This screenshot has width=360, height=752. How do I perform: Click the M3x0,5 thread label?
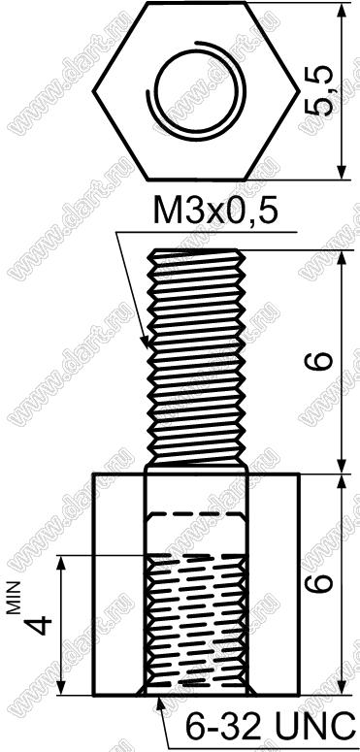215,212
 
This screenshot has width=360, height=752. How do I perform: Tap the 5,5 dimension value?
319,91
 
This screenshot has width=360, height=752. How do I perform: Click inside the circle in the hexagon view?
197,91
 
